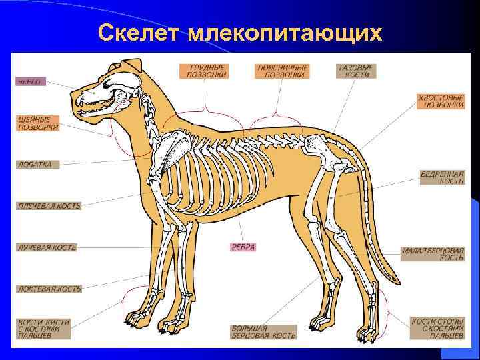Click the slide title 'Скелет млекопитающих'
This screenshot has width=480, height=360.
pos(240,32)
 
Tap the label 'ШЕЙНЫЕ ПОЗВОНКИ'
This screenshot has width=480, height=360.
pos(38,123)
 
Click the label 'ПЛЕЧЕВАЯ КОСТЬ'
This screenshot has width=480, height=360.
pos(49,206)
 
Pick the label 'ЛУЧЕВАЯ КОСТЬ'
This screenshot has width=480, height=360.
pos(47,247)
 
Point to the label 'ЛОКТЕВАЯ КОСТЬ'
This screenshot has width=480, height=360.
pos(49,289)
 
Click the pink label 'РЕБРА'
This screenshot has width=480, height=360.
pos(243,247)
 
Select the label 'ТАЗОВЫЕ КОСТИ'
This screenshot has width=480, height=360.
pos(356,71)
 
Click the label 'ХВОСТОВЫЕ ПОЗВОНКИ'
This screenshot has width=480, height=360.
pos(441,101)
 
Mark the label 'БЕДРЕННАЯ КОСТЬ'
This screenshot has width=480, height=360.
pos(442,177)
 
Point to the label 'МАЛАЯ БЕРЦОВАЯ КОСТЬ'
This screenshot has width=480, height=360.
pos(433,254)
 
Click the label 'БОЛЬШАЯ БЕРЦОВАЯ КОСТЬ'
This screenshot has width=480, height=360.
pos(259,332)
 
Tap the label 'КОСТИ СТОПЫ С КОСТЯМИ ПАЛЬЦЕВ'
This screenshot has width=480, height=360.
pos(437,329)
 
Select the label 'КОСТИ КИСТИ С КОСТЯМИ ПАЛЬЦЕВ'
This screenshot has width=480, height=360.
pos(43,329)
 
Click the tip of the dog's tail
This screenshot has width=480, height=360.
pos(398,278)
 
